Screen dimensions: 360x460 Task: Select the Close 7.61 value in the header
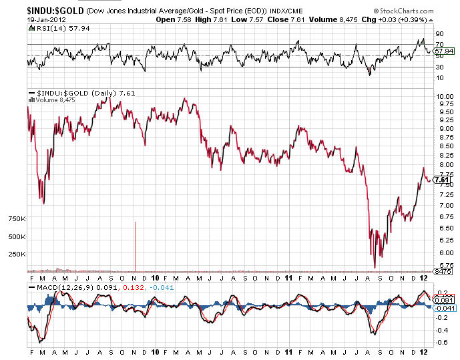[x=283, y=20]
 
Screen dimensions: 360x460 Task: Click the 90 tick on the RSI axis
[x=439, y=33]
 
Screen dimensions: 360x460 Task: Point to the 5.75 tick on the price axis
[x=443, y=265]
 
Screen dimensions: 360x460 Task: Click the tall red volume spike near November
[x=136, y=244]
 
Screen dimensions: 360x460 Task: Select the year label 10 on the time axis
[x=155, y=277]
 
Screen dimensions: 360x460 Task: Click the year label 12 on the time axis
[x=425, y=277]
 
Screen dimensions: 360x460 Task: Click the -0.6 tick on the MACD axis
[x=441, y=343]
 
